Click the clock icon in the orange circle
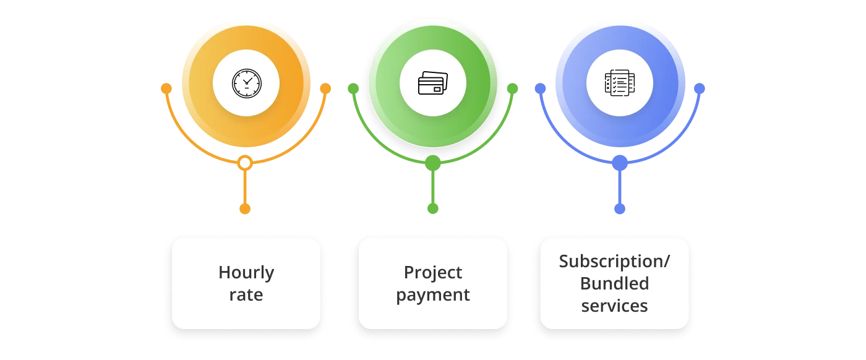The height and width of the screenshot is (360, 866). pos(246,83)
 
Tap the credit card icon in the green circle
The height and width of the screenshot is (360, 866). pos(433,83)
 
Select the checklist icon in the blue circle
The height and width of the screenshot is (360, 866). pos(620,83)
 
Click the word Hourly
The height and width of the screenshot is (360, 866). pos(246,273)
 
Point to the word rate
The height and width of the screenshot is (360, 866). pos(246,294)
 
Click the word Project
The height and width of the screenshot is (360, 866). pos(433,272)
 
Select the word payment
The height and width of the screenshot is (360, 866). pos(433,294)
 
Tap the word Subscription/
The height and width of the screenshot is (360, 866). pos(614,261)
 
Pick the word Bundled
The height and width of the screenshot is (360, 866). pos(614,283)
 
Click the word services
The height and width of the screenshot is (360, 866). pos(614,306)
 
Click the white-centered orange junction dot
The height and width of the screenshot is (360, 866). pos(245,163)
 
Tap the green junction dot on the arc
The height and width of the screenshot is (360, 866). pos(433,163)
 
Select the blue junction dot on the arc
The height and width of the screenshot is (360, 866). pos(620,163)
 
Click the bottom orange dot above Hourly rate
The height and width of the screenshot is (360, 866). pos(245,209)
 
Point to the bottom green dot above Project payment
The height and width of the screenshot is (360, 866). pos(433,209)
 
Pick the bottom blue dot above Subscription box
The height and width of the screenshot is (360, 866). pos(620,209)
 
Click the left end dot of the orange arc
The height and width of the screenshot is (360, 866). pos(166,88)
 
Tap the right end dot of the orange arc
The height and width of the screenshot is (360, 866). pos(325,88)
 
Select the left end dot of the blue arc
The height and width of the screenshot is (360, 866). pos(540,88)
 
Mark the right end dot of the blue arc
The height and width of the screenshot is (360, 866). pos(700,88)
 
